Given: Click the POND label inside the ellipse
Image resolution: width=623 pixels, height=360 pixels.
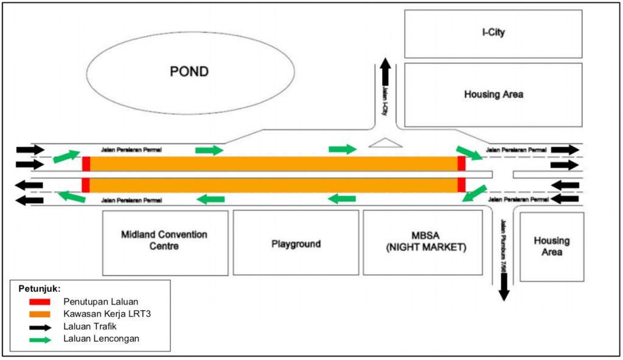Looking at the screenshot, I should [189, 72].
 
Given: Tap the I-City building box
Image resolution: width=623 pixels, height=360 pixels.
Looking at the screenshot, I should [493, 33].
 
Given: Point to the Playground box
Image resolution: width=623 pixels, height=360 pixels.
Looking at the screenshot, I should [296, 244].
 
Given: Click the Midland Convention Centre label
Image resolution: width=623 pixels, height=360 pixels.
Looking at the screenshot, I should [164, 240].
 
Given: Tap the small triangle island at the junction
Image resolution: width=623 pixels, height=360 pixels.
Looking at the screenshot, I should [385, 144].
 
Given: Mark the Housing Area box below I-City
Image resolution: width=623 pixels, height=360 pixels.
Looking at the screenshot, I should [493, 94].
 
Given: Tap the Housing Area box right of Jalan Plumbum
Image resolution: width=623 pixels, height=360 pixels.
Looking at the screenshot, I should [551, 246].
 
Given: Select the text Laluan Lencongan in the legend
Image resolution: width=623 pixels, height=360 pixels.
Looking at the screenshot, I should [101, 339].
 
